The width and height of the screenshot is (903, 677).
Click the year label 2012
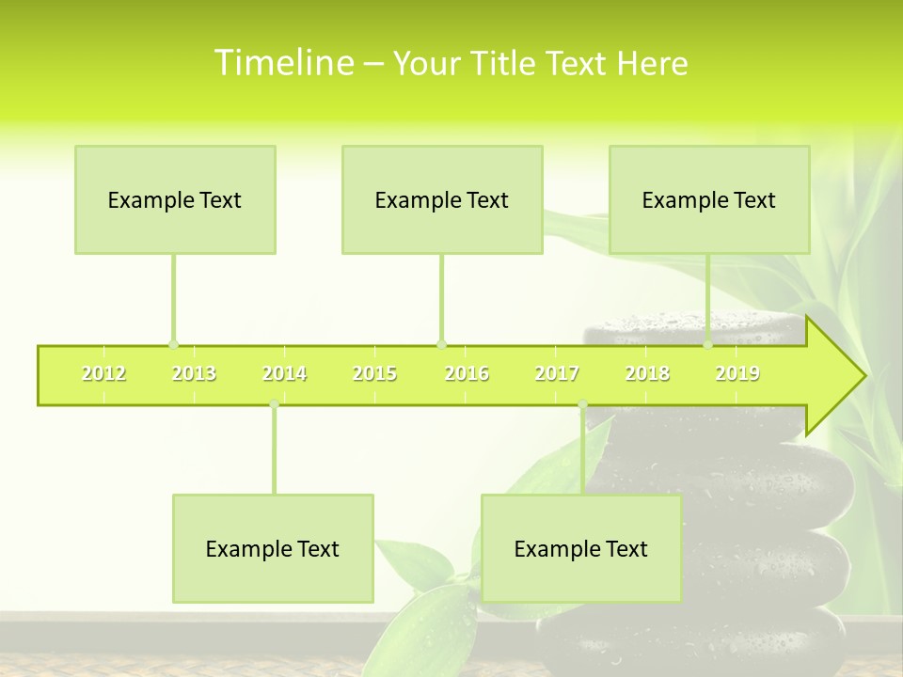pos(103,373)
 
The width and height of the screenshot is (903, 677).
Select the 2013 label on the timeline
pos(194,373)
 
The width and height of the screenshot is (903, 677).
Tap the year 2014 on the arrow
pos(284,373)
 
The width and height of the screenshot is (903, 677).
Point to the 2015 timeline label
pos(374,373)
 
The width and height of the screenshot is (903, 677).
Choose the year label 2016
pos(467,373)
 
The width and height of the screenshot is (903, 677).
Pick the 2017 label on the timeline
pos(557,373)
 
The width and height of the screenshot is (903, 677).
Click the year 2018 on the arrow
pos(647,373)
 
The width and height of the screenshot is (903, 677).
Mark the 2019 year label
pos(737,373)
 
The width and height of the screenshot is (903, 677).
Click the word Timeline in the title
pos(283,63)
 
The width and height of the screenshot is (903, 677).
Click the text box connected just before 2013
pos(175,199)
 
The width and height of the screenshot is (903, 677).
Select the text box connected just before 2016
pos(442,199)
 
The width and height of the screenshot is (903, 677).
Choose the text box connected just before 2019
pos(709,199)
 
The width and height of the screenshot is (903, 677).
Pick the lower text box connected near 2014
pos(273,548)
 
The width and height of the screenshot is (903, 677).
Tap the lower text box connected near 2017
pos(581,548)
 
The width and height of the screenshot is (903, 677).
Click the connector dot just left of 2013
pos(173,344)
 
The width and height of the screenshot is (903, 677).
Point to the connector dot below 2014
pos(274,405)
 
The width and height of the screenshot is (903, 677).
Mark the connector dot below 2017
pos(582,405)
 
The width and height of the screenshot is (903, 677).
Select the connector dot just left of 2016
pos(442,344)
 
